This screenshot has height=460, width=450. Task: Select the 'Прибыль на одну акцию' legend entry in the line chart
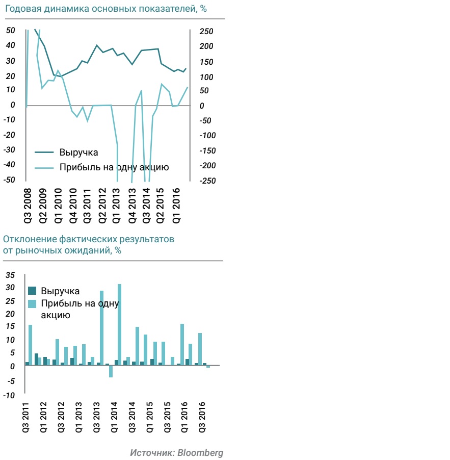[114, 167]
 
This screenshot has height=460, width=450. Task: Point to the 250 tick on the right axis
[206, 32]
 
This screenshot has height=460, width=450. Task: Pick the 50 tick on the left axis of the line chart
[10, 31]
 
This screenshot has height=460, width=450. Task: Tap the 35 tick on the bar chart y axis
[10, 275]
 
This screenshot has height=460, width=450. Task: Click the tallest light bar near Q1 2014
[120, 324]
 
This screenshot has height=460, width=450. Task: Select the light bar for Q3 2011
[31, 345]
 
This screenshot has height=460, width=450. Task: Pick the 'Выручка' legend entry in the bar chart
[60, 291]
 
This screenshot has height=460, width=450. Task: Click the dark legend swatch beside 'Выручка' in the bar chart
[33, 291]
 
